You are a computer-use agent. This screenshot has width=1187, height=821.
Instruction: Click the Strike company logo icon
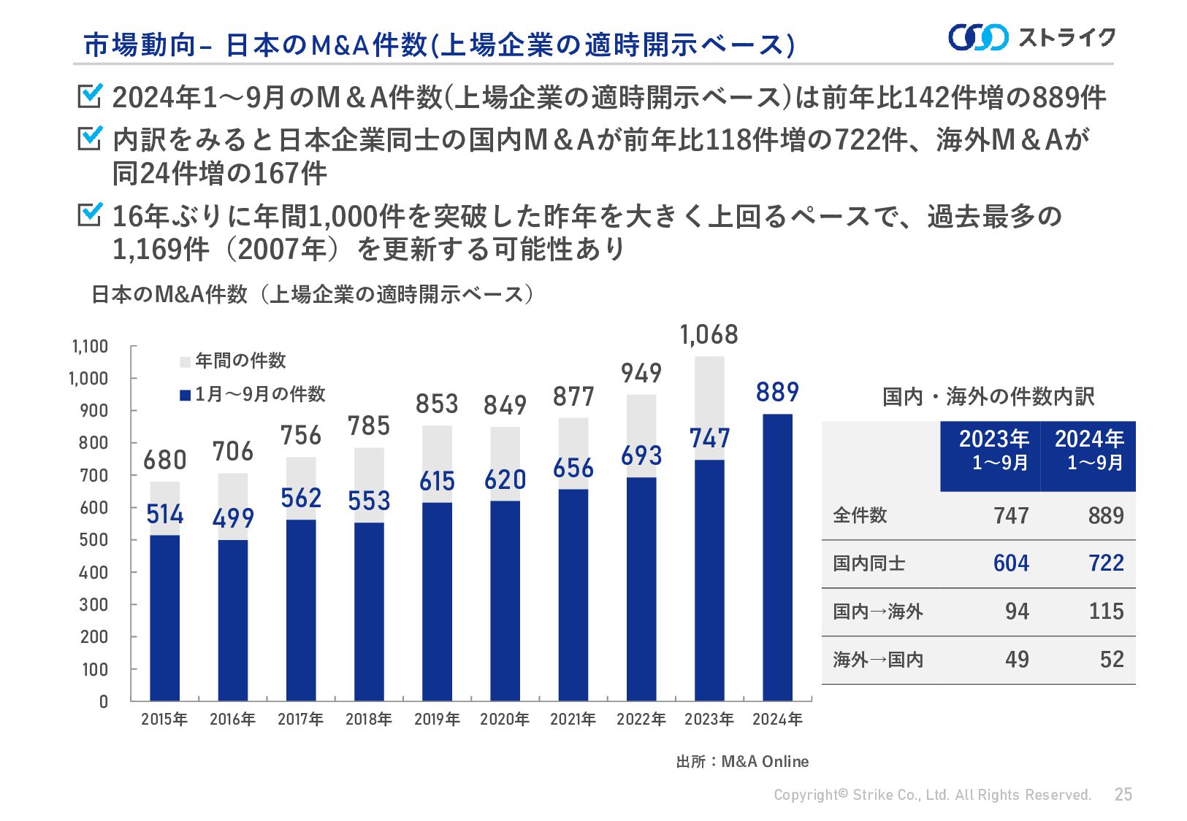coord(978,37)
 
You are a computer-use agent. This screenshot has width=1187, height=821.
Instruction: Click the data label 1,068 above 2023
coord(709,335)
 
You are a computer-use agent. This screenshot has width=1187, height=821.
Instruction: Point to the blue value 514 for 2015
coord(164,514)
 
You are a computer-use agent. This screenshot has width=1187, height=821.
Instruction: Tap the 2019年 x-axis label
coord(437,720)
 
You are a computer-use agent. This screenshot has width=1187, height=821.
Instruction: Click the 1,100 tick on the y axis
coord(90,346)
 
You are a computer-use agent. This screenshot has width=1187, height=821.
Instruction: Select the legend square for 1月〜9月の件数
coord(185,396)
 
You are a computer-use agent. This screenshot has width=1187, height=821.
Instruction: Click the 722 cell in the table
coord(1106,563)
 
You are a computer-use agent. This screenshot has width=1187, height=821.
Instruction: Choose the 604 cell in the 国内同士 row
coord(1011,563)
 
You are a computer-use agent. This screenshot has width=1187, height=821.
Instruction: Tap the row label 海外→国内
coord(878,660)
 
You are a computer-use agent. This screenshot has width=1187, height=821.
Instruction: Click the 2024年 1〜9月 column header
coord(1088,450)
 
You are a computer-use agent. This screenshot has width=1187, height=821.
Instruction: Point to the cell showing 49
coord(1017,660)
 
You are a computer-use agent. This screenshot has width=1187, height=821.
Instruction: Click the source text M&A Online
coord(764,762)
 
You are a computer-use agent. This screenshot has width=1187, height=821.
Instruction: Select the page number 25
coord(1123,795)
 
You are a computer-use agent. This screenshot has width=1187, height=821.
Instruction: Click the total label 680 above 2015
coord(164,460)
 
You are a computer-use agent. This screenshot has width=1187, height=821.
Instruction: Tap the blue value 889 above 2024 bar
coord(777,393)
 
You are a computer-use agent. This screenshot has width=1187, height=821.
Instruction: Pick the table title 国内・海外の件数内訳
coord(988,397)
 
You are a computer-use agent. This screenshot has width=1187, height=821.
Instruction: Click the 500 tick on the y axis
coord(93,540)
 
